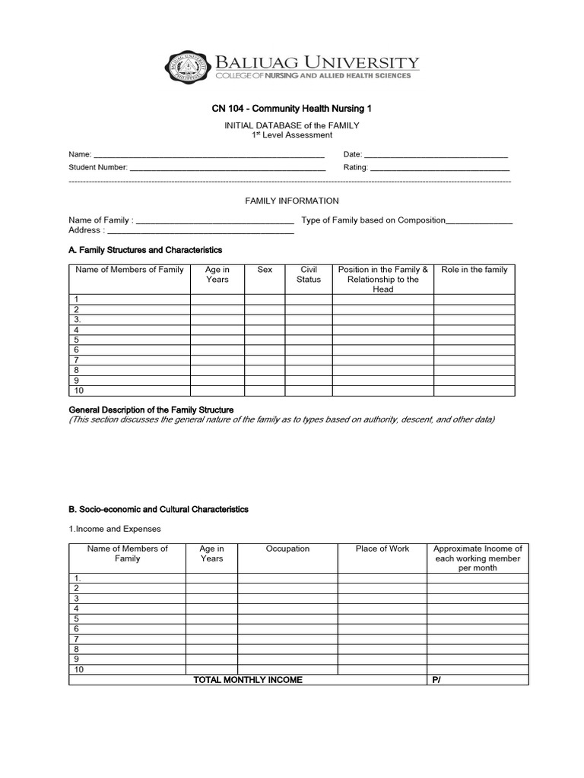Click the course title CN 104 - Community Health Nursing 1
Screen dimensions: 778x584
292,109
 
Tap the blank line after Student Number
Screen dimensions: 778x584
228,169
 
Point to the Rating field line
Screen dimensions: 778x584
440,169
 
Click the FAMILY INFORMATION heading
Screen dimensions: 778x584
291,201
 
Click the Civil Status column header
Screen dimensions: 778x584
308,274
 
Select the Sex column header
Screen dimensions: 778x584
265,270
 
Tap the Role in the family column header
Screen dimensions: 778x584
474,270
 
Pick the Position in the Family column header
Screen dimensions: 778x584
382,279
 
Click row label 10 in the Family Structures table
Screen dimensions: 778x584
78,391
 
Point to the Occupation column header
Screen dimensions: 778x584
287,549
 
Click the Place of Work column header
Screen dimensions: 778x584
382,549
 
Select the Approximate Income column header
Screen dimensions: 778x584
477,558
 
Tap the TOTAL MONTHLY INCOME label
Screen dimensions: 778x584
248,680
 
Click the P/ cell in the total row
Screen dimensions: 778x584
436,680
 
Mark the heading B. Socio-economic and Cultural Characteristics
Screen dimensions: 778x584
158,509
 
